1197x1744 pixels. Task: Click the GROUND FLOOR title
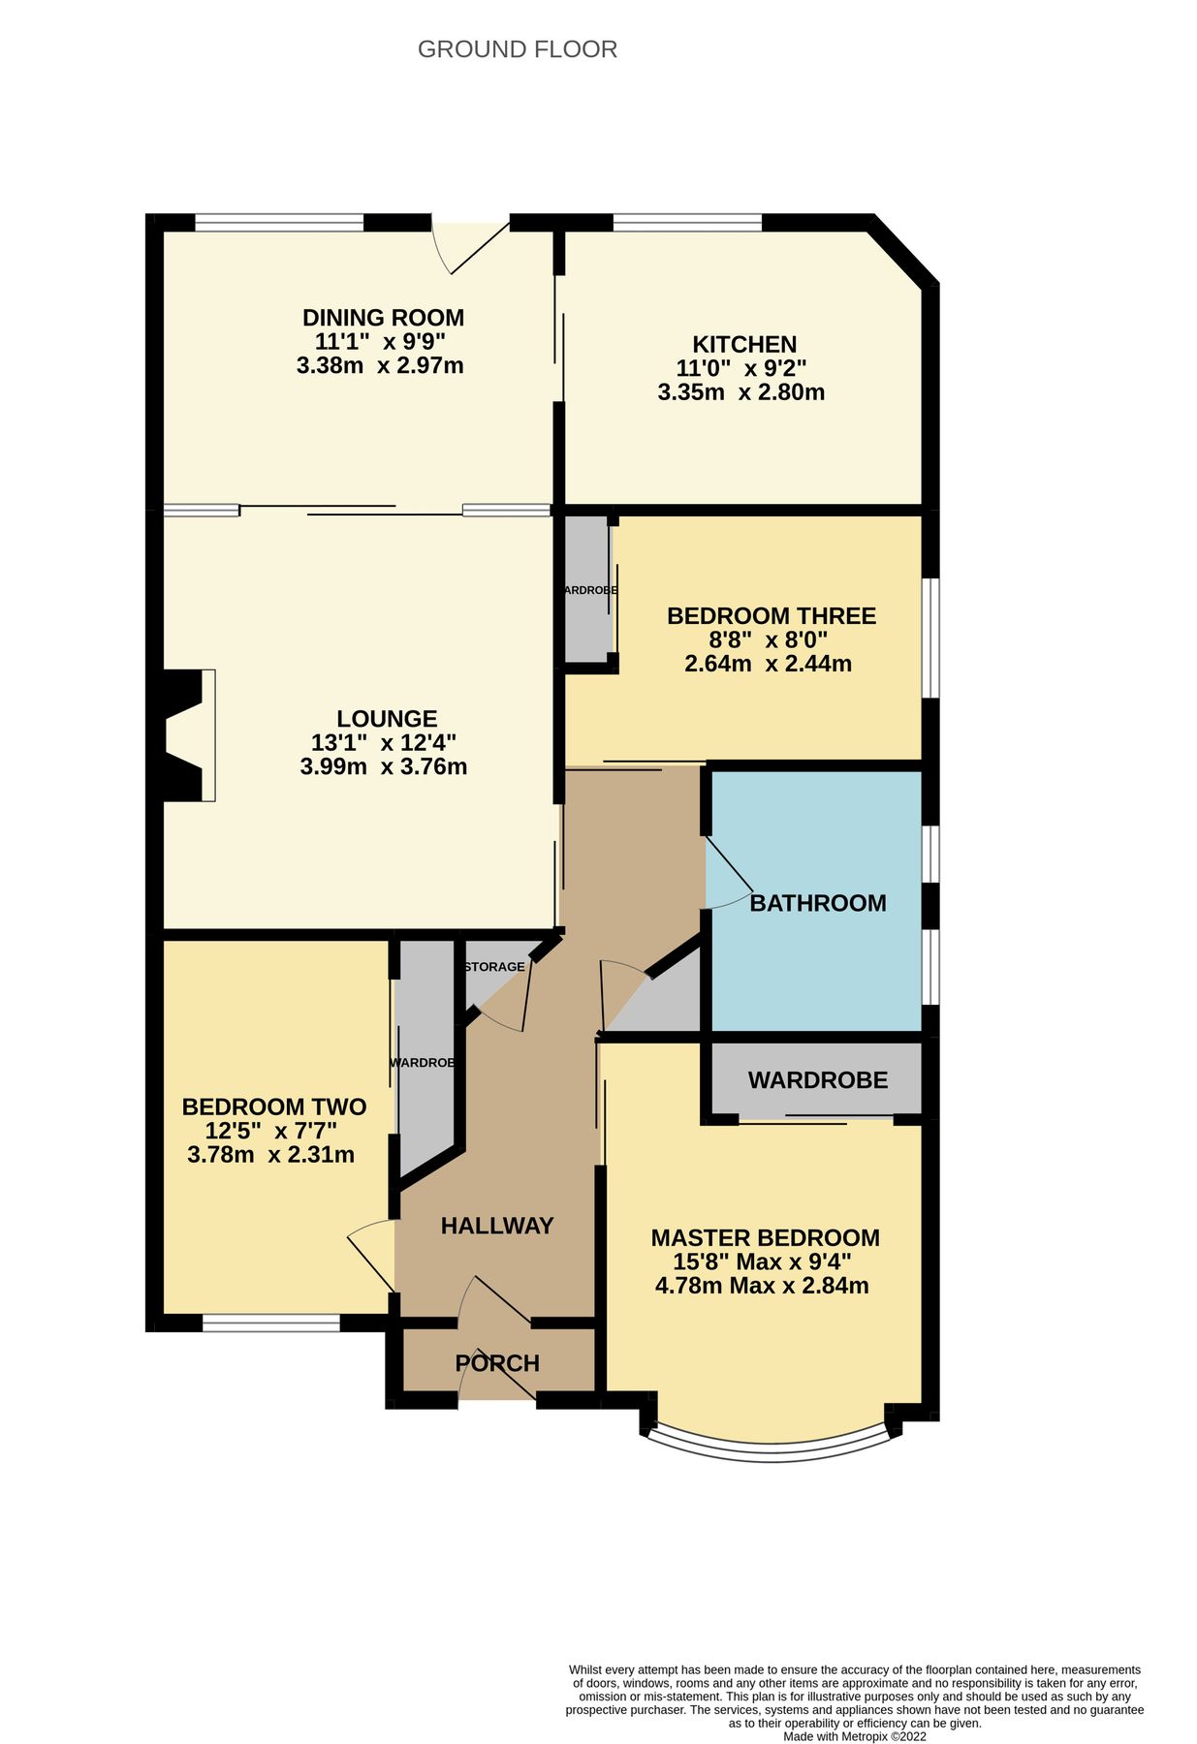pyautogui.click(x=517, y=49)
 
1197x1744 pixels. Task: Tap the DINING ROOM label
pyautogui.click(x=383, y=318)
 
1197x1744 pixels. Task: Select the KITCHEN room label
pyautogui.click(x=743, y=344)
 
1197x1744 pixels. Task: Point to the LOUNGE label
pyautogui.click(x=387, y=718)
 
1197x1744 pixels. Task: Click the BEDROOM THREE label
pyautogui.click(x=771, y=615)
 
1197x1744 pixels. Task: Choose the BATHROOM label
pyautogui.click(x=817, y=903)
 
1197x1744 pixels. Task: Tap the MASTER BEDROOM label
pyautogui.click(x=765, y=1237)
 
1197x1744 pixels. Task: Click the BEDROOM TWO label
pyautogui.click(x=273, y=1106)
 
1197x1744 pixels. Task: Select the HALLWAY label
pyautogui.click(x=496, y=1226)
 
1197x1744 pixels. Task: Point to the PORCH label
pyautogui.click(x=496, y=1363)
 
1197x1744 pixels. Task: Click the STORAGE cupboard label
pyautogui.click(x=494, y=967)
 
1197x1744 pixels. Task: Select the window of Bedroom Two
pyautogui.click(x=270, y=1323)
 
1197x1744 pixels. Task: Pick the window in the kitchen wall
pyautogui.click(x=686, y=222)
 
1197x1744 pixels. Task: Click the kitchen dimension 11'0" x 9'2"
pyautogui.click(x=740, y=368)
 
